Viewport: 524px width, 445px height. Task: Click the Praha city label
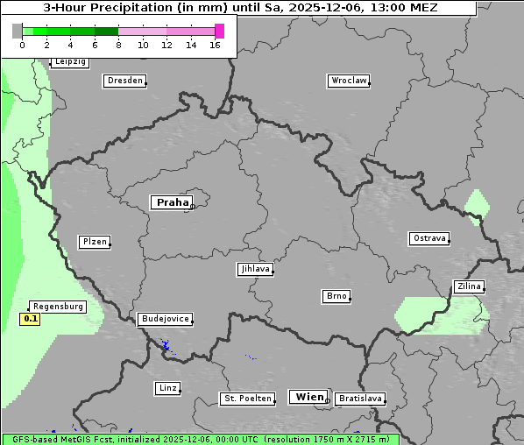click(x=172, y=202)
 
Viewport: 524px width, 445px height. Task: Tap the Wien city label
click(x=308, y=397)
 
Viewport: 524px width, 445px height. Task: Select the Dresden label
click(x=124, y=81)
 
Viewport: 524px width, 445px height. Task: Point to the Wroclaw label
click(x=348, y=81)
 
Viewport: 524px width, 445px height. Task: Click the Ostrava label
click(x=429, y=238)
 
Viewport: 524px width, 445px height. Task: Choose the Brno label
click(x=336, y=296)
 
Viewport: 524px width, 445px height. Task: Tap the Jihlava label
click(x=255, y=270)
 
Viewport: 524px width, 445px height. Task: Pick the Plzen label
click(x=94, y=242)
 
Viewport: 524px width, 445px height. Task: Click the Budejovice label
click(x=164, y=319)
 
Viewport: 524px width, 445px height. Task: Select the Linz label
click(x=167, y=388)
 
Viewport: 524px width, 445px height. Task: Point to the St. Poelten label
click(x=243, y=399)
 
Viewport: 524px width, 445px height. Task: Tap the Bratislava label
click(x=360, y=399)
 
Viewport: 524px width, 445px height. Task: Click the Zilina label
click(x=469, y=286)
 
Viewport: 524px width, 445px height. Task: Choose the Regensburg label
click(x=58, y=307)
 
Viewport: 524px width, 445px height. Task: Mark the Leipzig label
click(x=69, y=61)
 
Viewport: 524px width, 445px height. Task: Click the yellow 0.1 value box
click(x=31, y=319)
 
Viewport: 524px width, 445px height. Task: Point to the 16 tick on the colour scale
click(x=215, y=44)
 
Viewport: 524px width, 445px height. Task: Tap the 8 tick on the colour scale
click(x=118, y=44)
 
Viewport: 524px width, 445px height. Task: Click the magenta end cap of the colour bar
click(x=219, y=31)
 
